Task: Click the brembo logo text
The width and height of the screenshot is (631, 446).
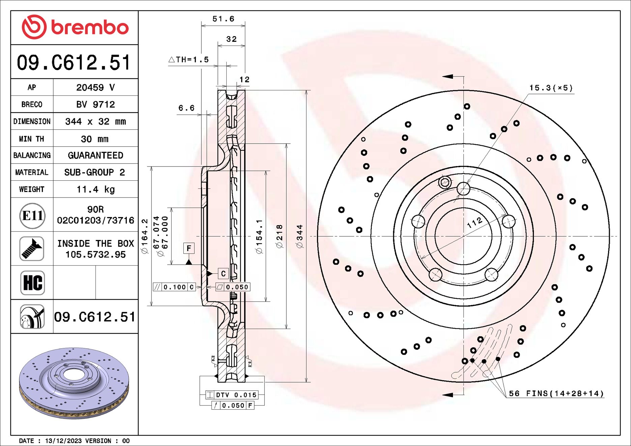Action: [x=89, y=27]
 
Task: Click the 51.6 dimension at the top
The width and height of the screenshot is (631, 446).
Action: [x=223, y=19]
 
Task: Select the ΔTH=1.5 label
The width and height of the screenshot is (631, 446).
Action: [x=189, y=60]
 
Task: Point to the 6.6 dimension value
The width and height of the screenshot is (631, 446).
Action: [x=186, y=108]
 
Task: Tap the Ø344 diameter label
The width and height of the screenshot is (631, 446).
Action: [x=300, y=236]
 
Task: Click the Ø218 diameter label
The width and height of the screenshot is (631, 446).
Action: [x=280, y=236]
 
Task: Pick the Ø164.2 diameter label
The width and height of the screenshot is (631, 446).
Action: [x=145, y=236]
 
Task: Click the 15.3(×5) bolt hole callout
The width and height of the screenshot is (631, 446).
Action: [x=551, y=88]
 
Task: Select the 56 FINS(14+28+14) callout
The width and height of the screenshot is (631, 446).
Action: [x=556, y=393]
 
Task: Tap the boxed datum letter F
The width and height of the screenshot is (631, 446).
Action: [x=189, y=248]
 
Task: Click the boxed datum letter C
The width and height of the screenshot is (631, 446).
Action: [x=223, y=273]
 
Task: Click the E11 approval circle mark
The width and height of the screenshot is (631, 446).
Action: [x=32, y=215]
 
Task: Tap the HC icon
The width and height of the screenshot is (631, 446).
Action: [x=32, y=283]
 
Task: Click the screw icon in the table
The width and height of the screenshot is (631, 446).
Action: [x=32, y=248]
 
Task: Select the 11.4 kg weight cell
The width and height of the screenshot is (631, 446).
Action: [x=95, y=189]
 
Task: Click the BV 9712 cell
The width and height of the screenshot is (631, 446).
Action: [x=95, y=104]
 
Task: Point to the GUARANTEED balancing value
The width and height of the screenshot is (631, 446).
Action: [x=95, y=155]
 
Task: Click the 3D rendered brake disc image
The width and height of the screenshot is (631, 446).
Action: [x=74, y=383]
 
